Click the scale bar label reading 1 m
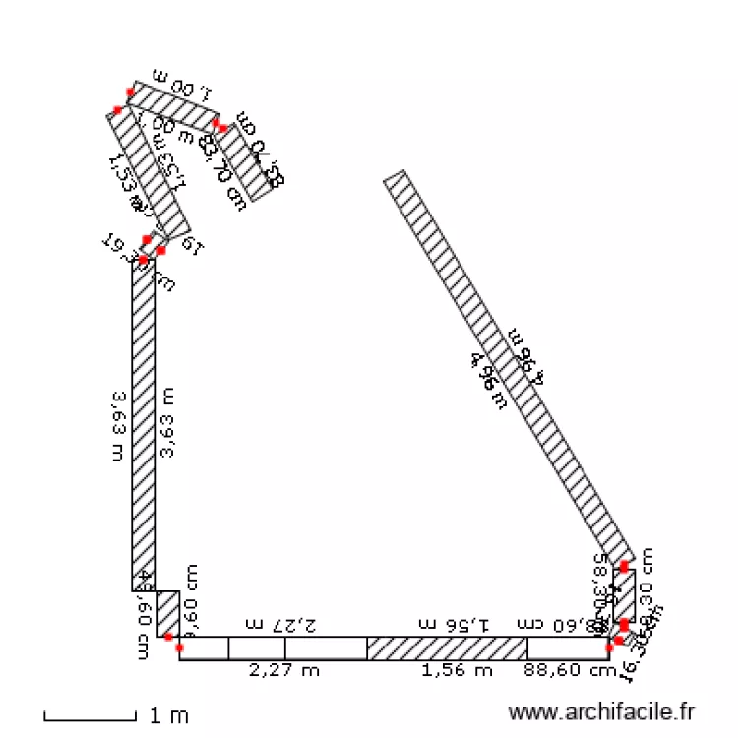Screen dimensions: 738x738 [168, 715]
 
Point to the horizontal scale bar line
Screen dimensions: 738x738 [90, 718]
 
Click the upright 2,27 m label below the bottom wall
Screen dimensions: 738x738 [283, 671]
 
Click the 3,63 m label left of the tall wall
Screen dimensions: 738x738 [118, 426]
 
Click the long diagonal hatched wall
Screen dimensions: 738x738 [507, 364]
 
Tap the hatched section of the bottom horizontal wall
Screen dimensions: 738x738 [447, 648]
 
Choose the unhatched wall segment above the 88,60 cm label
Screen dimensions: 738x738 [567, 648]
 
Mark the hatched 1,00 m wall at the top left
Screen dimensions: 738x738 [173, 106]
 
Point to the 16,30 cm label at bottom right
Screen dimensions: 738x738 [636, 661]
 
